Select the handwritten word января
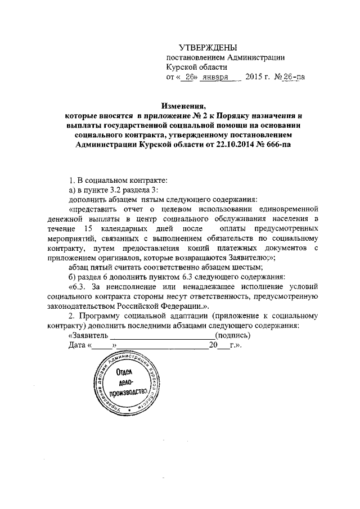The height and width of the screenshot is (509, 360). pyautogui.click(x=214, y=78)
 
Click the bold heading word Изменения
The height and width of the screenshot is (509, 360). pyautogui.click(x=183, y=105)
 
